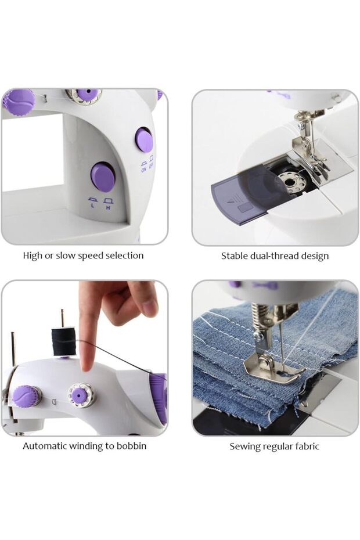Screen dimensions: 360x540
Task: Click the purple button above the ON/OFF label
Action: click(x=144, y=140)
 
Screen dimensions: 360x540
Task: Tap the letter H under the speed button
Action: click(x=108, y=208)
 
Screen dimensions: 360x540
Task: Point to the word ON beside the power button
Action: click(x=143, y=170)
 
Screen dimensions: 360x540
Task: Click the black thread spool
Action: click(x=63, y=341)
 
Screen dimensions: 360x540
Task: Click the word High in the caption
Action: click(x=33, y=256)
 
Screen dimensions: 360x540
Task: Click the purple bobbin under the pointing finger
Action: click(x=81, y=394)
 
